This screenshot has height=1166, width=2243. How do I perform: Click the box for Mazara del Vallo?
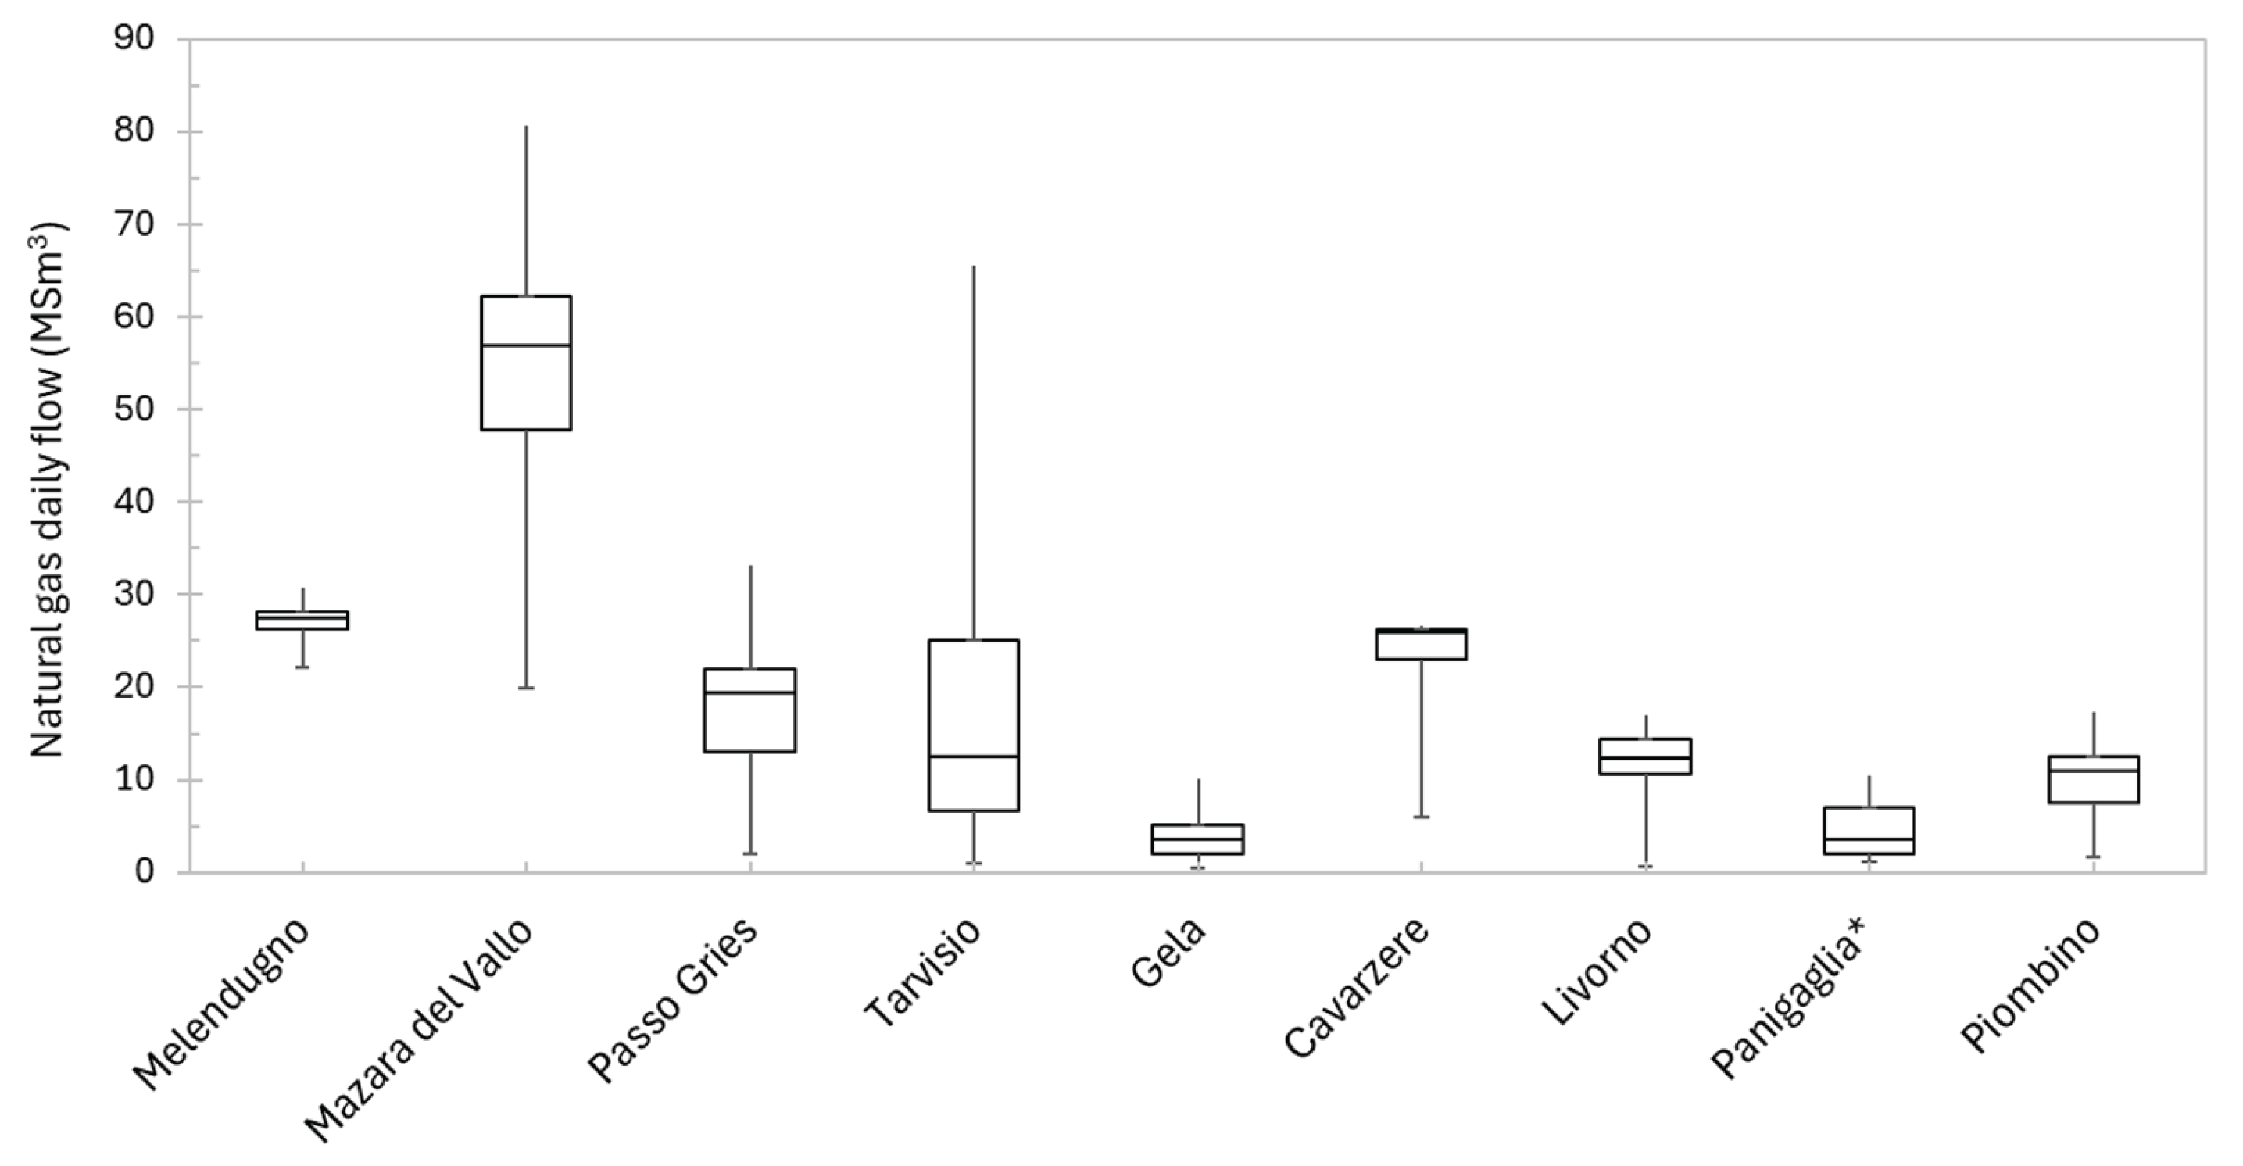tap(526, 363)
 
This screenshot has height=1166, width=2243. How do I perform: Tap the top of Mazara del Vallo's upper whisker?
tap(526, 127)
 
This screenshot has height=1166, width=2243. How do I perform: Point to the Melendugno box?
tap(302, 620)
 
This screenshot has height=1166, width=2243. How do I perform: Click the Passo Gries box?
tap(749, 710)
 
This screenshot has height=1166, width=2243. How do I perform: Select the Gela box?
tap(1197, 839)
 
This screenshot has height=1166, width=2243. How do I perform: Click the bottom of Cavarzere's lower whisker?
tap(1421, 817)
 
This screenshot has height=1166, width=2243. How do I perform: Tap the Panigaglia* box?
tap(1869, 830)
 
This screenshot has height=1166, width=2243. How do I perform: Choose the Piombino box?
tap(2092, 779)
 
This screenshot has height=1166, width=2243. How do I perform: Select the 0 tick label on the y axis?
tap(145, 871)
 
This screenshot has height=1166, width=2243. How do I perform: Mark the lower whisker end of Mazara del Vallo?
tap(526, 688)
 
